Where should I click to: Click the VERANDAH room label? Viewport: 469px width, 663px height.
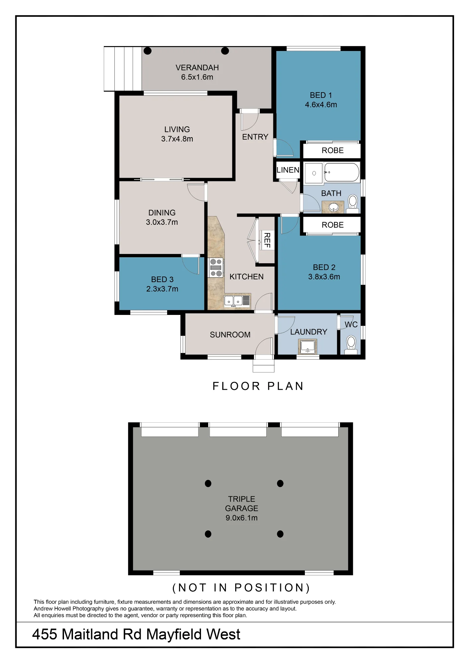[x=197, y=68]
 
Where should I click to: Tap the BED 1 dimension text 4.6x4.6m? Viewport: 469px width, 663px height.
[x=321, y=105]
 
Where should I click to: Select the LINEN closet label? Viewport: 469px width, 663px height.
[x=288, y=170]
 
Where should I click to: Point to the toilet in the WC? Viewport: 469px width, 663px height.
[x=351, y=345]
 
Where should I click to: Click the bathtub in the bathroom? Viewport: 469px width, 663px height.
[x=342, y=172]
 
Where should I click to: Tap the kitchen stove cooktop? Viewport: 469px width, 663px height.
[x=216, y=268]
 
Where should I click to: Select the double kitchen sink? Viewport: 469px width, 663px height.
[x=237, y=301]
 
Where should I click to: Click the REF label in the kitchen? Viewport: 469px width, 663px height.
[x=267, y=240]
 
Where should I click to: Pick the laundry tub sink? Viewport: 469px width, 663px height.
[x=307, y=347]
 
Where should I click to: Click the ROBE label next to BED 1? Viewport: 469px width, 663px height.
[x=333, y=151]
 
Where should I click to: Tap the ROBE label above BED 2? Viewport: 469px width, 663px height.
[x=333, y=225]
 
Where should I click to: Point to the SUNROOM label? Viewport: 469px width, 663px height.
[x=230, y=335]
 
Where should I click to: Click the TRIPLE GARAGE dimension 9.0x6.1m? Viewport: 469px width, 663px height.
[x=241, y=518]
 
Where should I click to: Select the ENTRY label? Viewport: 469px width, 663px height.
[x=255, y=137]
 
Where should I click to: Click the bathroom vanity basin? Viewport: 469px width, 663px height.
[x=333, y=207]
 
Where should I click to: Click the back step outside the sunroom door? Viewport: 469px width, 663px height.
[x=264, y=366]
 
